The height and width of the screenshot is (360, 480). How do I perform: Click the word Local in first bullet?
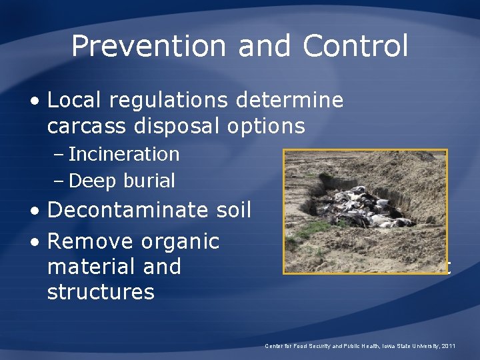[75, 101]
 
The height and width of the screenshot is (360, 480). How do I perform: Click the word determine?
[293, 101]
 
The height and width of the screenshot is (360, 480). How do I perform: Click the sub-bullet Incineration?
[124, 154]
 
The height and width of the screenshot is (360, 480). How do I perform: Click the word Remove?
[91, 241]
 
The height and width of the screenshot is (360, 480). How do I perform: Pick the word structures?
[101, 291]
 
